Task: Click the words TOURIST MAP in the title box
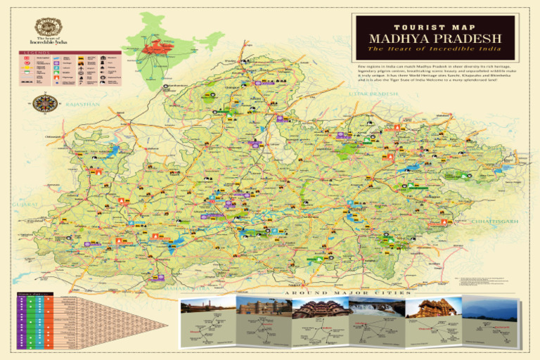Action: click(x=435, y=26)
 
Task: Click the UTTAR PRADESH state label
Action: click(x=373, y=93)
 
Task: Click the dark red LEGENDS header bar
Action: click(x=70, y=52)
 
